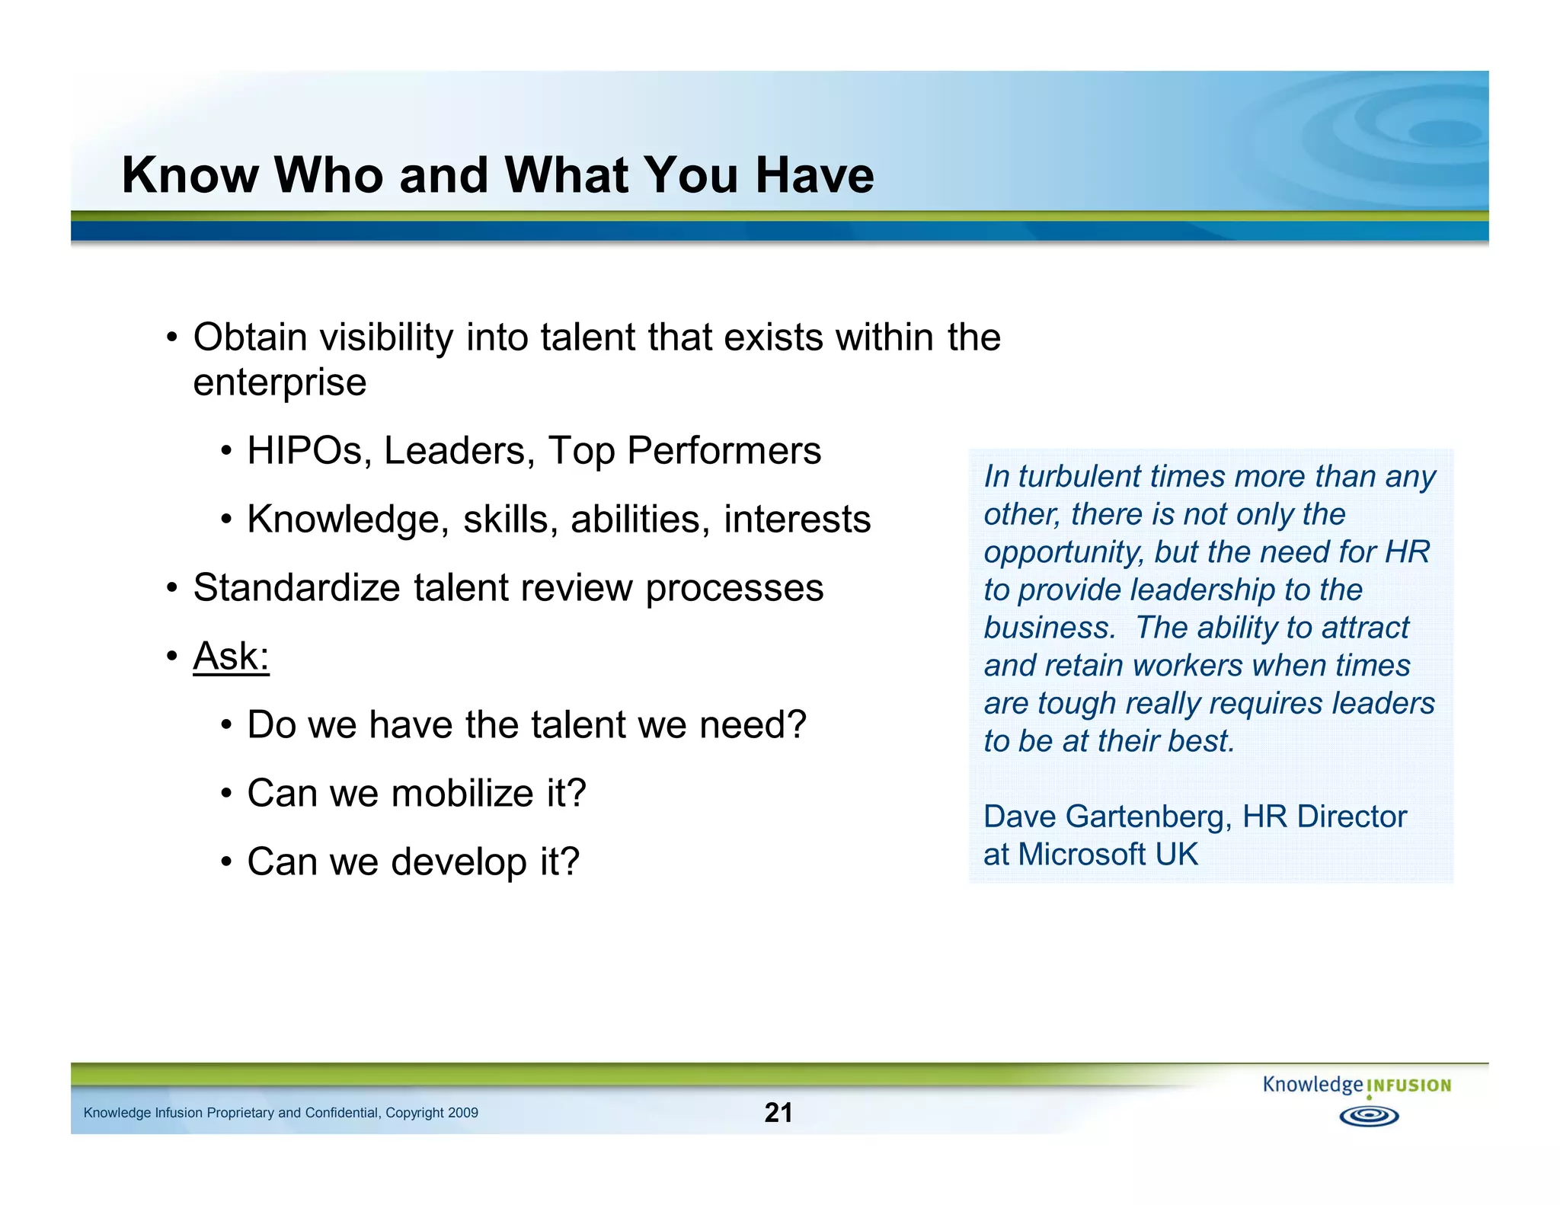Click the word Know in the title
pos(190,175)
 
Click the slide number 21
pos(778,1112)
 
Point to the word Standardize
pos(296,588)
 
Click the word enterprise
pos(279,382)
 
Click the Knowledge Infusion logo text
pos(1356,1085)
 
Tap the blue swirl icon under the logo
pos(1369,1117)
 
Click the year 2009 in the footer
pos(463,1113)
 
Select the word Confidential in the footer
pos(341,1113)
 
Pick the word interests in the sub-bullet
pos(797,519)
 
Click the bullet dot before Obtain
pos(173,337)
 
